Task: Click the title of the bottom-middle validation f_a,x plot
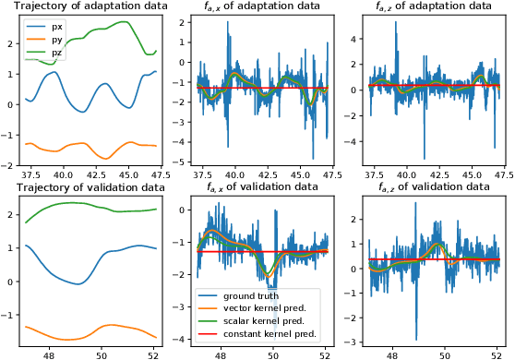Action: [x=257, y=186]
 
